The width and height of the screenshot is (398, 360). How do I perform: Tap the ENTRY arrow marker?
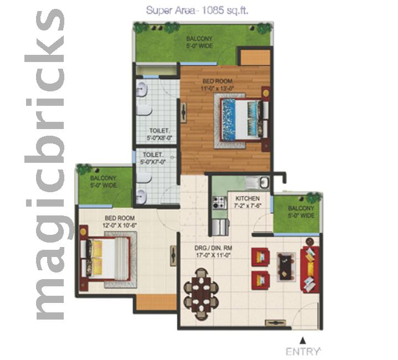point(302,341)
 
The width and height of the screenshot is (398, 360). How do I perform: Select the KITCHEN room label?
point(246,198)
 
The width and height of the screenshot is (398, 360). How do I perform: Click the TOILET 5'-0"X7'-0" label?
point(154,158)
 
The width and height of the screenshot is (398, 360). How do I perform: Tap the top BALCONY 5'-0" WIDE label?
point(200,42)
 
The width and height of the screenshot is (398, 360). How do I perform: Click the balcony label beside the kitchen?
point(301,212)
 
